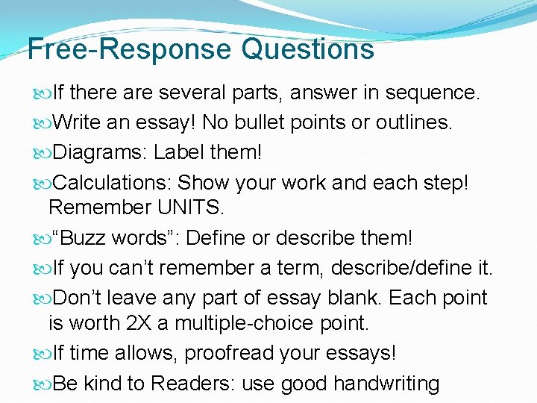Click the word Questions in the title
[x=307, y=49]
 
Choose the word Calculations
[x=112, y=181]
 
